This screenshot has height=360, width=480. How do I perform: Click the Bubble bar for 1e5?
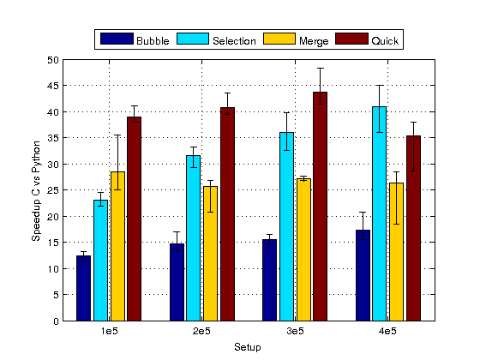point(84,288)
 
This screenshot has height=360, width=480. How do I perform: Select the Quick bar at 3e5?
point(321,207)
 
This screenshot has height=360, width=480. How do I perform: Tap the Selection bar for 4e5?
point(379,213)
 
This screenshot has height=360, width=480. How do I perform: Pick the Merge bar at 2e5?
point(211,254)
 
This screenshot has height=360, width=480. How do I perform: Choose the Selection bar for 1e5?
point(101,261)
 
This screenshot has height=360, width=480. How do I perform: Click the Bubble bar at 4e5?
point(363,275)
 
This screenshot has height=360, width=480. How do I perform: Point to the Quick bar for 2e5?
point(227,214)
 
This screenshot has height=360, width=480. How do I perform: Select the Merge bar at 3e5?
point(303,249)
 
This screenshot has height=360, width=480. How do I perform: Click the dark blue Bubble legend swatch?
point(117,39)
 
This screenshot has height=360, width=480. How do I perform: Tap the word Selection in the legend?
point(234,41)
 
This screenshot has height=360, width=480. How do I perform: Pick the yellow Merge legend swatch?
point(279,39)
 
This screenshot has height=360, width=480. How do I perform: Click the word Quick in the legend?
point(385,41)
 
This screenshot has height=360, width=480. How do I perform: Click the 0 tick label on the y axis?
point(56,321)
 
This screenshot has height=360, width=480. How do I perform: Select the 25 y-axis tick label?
point(53,190)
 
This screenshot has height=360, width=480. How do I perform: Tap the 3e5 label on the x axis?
point(295,331)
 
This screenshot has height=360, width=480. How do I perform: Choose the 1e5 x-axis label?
point(110,331)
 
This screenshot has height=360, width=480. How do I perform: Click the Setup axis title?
point(248,347)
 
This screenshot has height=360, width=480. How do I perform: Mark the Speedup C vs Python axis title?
point(36,190)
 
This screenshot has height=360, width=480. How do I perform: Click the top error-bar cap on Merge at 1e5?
point(118,135)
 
